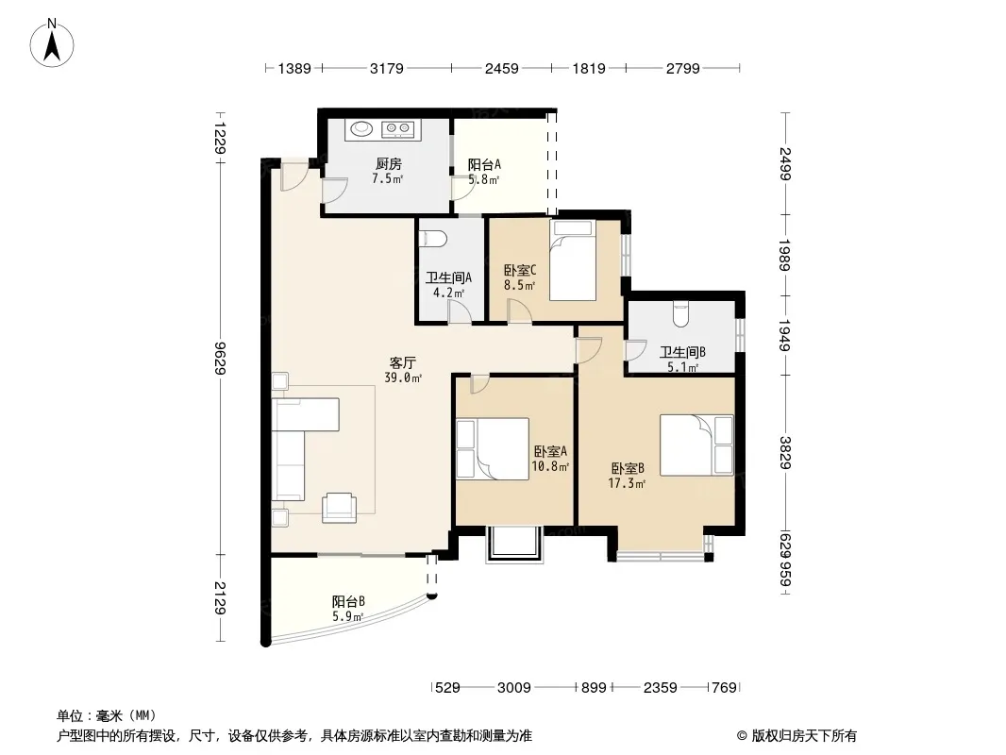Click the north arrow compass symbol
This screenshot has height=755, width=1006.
pyautogui.click(x=52, y=42)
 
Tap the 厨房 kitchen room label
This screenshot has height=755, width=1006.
pyautogui.click(x=388, y=163)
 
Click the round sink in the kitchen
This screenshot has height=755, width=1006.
pyautogui.click(x=360, y=129)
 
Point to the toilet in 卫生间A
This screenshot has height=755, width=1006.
pyautogui.click(x=433, y=239)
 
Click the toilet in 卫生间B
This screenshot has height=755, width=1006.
pyautogui.click(x=680, y=314)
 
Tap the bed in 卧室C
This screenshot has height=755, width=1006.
pyautogui.click(x=573, y=260)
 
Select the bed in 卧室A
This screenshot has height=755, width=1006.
pyautogui.click(x=493, y=449)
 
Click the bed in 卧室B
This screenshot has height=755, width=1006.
pyautogui.click(x=696, y=445)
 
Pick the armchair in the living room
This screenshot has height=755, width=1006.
pyautogui.click(x=339, y=508)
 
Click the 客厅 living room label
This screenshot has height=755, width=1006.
pyautogui.click(x=402, y=363)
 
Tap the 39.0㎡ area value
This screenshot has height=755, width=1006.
pyautogui.click(x=403, y=378)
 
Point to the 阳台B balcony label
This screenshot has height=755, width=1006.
pyautogui.click(x=348, y=602)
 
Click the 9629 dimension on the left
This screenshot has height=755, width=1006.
pyautogui.click(x=220, y=358)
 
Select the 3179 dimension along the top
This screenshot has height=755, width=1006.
pyautogui.click(x=387, y=69)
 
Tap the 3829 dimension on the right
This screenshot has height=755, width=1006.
pyautogui.click(x=785, y=452)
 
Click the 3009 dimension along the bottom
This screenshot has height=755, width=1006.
pyautogui.click(x=514, y=688)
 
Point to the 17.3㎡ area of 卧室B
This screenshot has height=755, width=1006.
pyautogui.click(x=627, y=483)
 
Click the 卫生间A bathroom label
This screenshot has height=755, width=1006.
pyautogui.click(x=448, y=277)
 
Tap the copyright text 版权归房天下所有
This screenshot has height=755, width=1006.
pyautogui.click(x=804, y=736)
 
